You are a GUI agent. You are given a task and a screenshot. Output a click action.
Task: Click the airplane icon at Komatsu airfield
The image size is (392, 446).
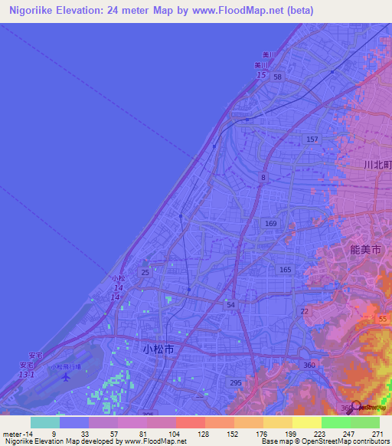[67, 376]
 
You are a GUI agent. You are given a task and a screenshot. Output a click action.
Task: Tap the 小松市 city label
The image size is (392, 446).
[158, 348]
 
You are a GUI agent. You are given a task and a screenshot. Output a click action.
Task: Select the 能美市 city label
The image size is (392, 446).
[364, 250]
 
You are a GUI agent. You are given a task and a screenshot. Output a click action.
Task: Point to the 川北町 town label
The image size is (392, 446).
[377, 165]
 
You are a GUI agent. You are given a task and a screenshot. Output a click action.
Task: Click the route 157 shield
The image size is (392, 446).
[312, 139]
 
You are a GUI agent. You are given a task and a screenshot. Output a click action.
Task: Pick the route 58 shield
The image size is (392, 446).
[277, 77]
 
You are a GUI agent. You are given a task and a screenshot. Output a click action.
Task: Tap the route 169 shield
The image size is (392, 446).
[270, 223]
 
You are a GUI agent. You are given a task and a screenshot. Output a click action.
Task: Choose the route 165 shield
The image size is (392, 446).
[285, 269]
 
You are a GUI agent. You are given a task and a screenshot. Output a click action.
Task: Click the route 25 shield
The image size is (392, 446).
[145, 273]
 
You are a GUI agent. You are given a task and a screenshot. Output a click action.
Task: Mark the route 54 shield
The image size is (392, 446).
[230, 305]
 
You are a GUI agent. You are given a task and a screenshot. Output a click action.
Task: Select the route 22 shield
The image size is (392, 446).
[304, 310]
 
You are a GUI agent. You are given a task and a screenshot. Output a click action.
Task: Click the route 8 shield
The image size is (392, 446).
[263, 177]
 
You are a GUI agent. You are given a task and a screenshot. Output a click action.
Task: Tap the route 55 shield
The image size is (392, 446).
[383, 318]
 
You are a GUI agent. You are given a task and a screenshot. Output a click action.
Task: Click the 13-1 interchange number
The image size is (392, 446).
[27, 375]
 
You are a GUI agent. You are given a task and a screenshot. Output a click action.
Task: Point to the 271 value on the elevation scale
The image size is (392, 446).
[377, 434]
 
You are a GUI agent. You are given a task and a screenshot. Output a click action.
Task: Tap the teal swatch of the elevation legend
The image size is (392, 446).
[44, 422]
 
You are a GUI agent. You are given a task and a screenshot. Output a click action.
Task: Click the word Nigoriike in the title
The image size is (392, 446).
[38, 11]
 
